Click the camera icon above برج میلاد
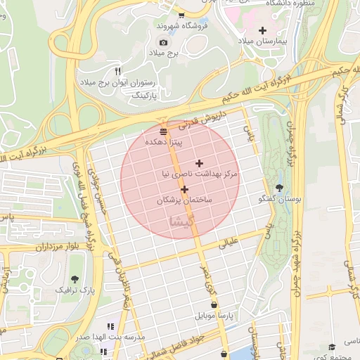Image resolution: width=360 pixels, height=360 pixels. [163, 42]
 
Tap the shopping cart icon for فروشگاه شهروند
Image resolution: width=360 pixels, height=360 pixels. [182, 15]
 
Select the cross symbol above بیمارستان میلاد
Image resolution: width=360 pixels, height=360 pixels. [263, 30]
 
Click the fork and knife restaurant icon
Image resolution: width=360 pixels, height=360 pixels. [117, 71]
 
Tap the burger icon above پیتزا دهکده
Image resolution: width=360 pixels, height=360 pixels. [164, 131]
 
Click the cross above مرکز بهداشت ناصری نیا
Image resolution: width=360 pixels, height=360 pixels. [199, 162]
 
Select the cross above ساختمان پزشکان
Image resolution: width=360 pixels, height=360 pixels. [184, 189]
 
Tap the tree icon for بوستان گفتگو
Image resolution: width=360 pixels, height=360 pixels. [281, 188]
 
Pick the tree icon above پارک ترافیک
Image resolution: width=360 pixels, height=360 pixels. [75, 278]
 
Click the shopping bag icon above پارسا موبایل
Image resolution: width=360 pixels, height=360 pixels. [215, 304]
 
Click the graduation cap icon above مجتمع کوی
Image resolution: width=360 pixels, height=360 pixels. [333, 347]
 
